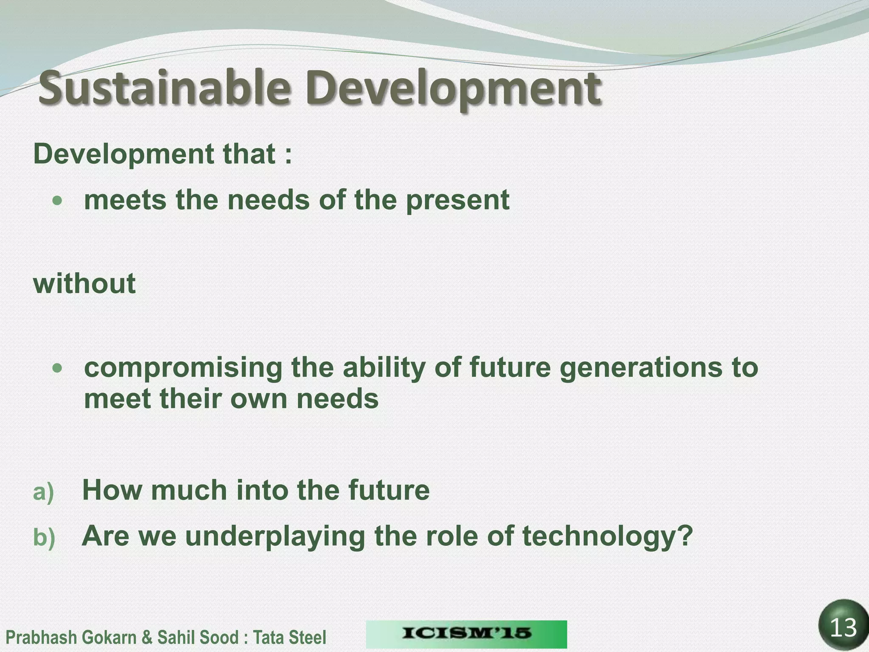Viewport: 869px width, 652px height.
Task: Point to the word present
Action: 457,200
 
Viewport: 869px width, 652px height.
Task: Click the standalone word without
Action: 84,283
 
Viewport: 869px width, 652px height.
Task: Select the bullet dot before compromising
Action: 57,368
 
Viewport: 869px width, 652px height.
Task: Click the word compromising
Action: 183,368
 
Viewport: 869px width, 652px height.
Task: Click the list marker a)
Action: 43,492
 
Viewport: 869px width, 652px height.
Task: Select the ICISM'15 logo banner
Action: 466,634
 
